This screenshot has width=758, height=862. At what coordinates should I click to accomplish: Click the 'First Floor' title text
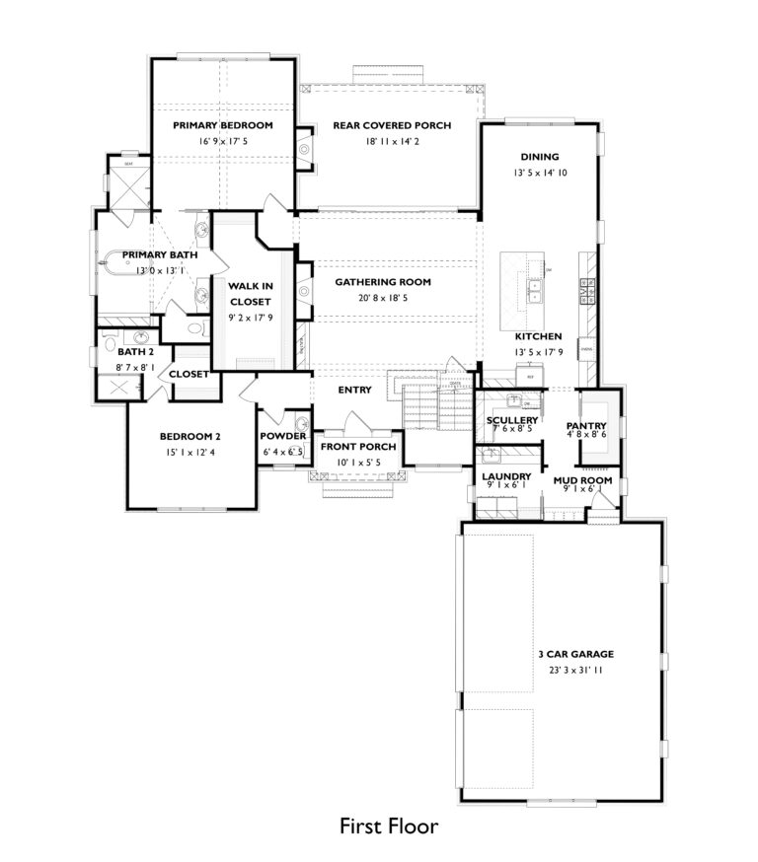coord(389,826)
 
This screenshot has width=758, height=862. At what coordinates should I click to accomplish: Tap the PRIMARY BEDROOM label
coord(222,125)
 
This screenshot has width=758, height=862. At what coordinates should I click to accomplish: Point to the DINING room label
coord(539,157)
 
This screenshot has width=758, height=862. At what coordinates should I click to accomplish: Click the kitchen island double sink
coord(534,290)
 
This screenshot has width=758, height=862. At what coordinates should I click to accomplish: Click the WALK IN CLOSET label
coord(251,293)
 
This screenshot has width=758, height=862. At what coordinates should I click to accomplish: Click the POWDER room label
coord(282,436)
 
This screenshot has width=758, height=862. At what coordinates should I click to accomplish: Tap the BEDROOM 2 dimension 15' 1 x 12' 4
coord(189,453)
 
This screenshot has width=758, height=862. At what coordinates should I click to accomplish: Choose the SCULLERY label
coord(511,420)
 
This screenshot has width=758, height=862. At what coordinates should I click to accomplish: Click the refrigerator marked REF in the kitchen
coord(529,377)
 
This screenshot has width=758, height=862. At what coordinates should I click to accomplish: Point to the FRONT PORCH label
coord(358,447)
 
